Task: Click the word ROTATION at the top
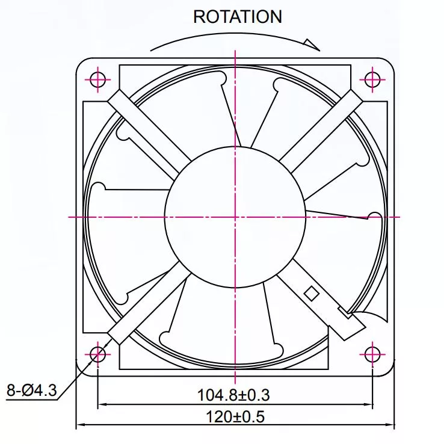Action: (238, 17)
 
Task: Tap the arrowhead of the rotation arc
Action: (312, 45)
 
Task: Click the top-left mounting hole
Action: (97, 79)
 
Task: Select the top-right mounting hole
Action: (372, 79)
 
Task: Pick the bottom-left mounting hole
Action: (97, 354)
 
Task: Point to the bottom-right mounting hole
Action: (372, 354)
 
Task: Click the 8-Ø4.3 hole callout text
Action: (32, 390)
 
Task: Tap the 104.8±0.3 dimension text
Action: (233, 395)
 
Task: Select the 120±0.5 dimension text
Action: (235, 417)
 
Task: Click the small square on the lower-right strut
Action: (312, 294)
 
